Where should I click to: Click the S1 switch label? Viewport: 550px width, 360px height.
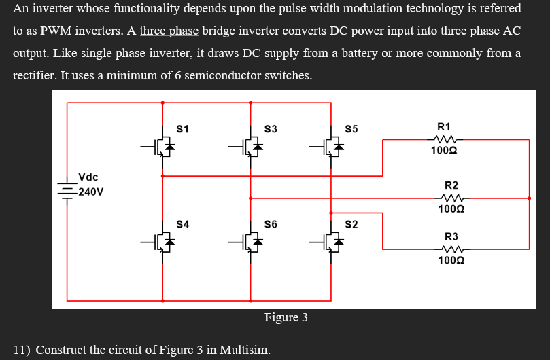click(x=182, y=128)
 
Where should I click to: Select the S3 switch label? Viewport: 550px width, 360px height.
click(x=271, y=128)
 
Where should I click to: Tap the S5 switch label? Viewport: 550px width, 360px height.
click(x=351, y=128)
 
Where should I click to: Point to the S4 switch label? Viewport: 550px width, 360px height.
click(x=182, y=223)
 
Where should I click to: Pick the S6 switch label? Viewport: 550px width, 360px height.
click(x=271, y=223)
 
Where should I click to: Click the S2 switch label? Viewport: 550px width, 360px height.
click(x=351, y=223)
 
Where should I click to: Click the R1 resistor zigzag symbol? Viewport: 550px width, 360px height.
click(x=445, y=139)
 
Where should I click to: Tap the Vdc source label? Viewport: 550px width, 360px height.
click(x=88, y=177)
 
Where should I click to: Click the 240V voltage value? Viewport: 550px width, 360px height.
click(x=90, y=192)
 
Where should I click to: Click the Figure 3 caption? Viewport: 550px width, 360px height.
click(x=286, y=317)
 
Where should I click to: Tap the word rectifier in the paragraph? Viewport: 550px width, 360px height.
click(x=33, y=75)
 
